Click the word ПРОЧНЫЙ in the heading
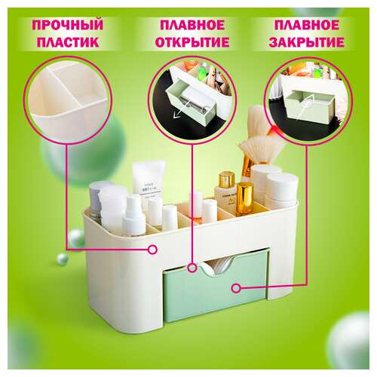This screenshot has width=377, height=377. pyautogui.click(x=68, y=25)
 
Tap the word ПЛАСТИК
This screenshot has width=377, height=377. pyautogui.click(x=68, y=42)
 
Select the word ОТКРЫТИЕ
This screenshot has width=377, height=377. pyautogui.click(x=192, y=42)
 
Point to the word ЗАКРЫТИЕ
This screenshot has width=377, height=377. pyautogui.click(x=306, y=42)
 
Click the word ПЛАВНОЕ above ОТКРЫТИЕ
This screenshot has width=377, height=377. pyautogui.click(x=192, y=25)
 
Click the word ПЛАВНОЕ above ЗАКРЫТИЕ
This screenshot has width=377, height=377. pyautogui.click(x=307, y=25)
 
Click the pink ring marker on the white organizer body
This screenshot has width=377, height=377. pyautogui.click(x=152, y=250)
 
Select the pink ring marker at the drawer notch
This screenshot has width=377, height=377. pyautogui.click(x=192, y=268)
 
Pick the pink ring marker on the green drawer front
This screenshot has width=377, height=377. pyautogui.click(x=236, y=288)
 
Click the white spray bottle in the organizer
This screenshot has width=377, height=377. pyautogui.click(x=133, y=216)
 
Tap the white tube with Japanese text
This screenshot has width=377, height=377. pyautogui.click(x=148, y=182)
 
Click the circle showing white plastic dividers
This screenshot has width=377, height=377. pyautogui.click(x=68, y=100)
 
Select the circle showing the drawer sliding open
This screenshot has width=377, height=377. pyautogui.click(x=192, y=100)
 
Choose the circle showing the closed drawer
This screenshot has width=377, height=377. pyautogui.click(x=308, y=100)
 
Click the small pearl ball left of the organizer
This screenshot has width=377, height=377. pyautogui.click(x=63, y=259)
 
